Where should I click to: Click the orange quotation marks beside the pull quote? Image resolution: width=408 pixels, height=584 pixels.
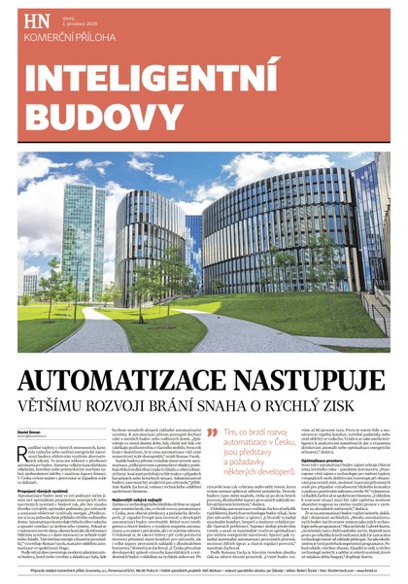212,433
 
